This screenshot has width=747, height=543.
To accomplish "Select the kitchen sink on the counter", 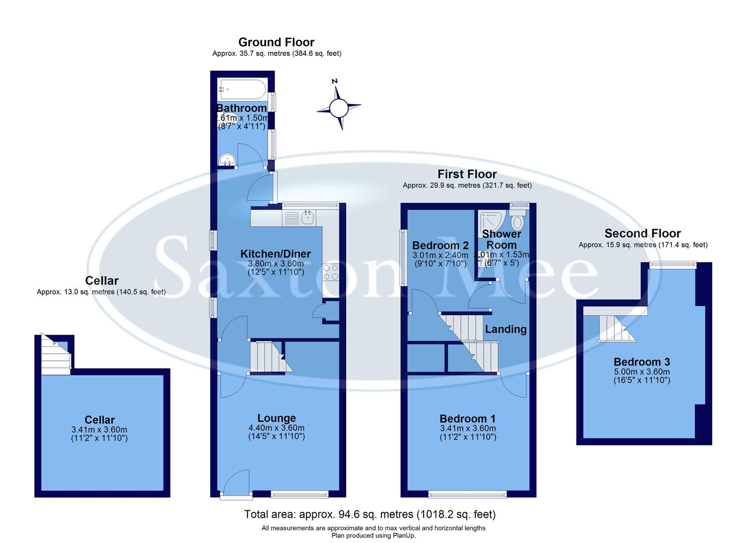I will point(307,218).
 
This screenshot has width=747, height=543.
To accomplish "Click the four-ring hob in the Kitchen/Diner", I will point(330,272).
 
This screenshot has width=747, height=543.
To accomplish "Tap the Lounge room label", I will point(276,418).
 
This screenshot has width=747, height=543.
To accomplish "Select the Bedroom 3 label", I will point(641,362).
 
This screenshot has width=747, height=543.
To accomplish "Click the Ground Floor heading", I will point(276,42).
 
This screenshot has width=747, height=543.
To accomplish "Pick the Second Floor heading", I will point(642,233).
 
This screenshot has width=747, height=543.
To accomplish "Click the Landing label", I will point(506,329).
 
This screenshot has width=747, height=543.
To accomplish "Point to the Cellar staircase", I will point(55,352).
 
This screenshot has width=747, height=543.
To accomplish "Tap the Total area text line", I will point(370,514).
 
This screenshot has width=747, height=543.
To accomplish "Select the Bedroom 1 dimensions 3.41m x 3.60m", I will point(468,428).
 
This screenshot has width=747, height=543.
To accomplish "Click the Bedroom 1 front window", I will point(467,494).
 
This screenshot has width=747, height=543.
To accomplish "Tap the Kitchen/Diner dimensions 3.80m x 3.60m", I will point(276,263).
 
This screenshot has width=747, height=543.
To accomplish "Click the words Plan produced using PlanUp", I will point(373,535).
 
